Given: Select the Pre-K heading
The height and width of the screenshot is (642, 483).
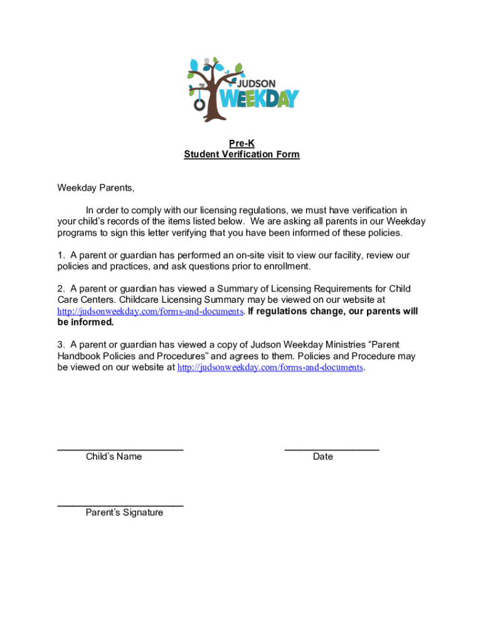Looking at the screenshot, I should click(x=242, y=144).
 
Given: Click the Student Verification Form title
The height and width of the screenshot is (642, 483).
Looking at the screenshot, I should click(x=242, y=154).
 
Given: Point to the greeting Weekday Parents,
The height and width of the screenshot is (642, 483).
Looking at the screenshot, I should click(x=96, y=188).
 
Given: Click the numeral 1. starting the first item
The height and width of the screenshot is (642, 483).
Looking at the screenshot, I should click(x=61, y=255).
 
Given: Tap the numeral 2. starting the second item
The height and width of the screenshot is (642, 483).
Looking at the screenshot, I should click(x=61, y=289).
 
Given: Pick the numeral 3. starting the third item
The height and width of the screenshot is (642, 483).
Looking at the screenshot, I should click(x=61, y=345).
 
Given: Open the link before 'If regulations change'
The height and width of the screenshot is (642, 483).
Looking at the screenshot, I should click(x=150, y=312).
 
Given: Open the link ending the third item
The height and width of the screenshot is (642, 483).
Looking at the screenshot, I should click(x=270, y=367).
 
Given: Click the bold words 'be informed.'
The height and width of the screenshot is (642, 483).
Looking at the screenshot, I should click(x=85, y=322).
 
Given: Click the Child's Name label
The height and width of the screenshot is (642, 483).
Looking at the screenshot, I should click(x=114, y=456).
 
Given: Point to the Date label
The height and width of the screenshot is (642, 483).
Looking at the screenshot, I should click(x=323, y=456).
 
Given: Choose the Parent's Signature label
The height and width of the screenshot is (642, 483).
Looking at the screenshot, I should click(x=124, y=512).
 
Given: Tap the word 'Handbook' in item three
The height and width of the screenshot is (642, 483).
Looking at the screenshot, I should click(x=78, y=356).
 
